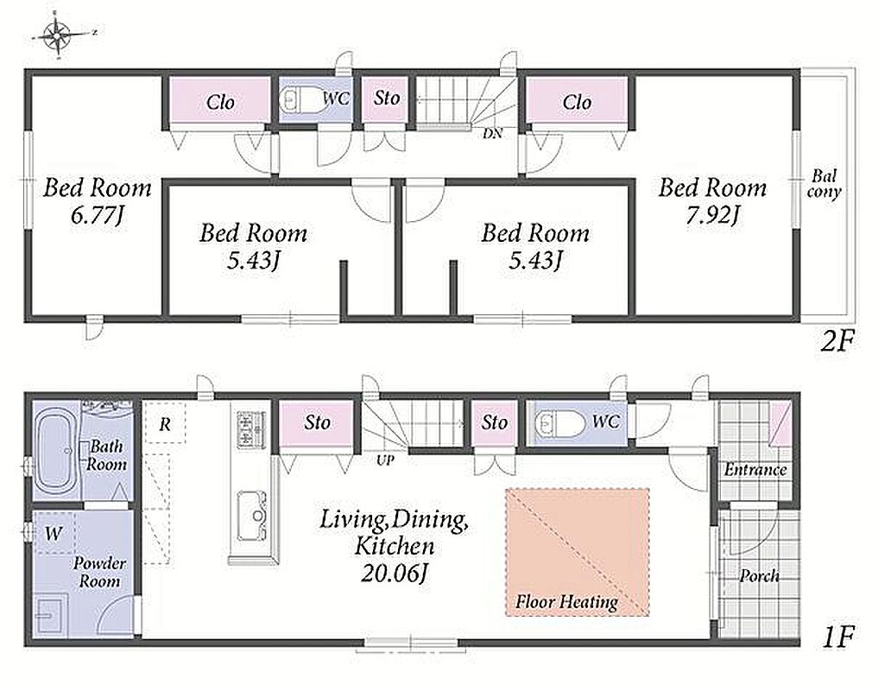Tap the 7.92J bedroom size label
click(712, 215)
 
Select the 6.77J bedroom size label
click(97, 215)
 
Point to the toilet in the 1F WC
click(559, 423)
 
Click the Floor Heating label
click(566, 601)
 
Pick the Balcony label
click(825, 184)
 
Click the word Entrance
click(755, 470)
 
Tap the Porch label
click(759, 576)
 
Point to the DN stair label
click(492, 134)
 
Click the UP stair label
click(385, 460)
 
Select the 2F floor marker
click(837, 341)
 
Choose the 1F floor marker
click(837, 637)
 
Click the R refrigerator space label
click(165, 425)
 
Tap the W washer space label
click(54, 535)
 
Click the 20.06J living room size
click(394, 573)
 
